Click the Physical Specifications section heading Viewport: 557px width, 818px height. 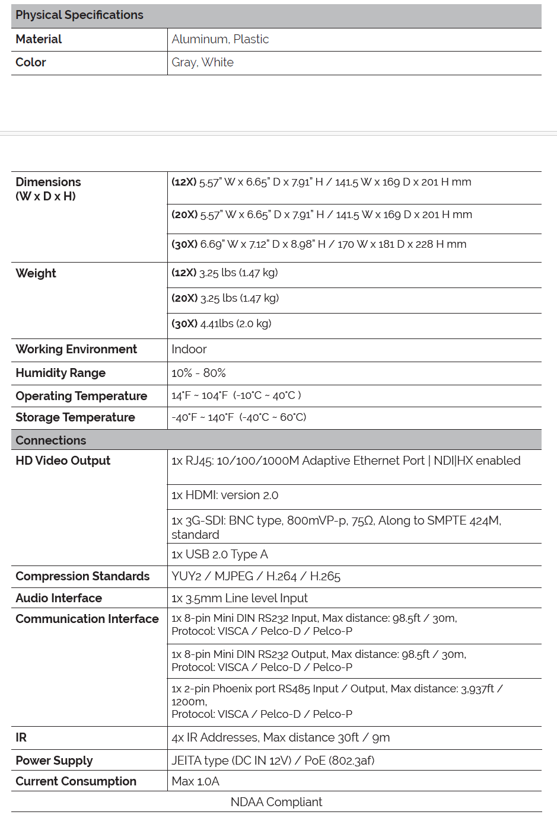79,15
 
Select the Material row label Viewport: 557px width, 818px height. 39,39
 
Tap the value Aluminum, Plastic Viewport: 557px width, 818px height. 220,39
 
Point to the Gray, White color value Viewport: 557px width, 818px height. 202,62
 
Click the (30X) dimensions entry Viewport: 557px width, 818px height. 319,244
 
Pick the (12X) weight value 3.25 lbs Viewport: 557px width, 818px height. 225,273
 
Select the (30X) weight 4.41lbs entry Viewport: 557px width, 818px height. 221,324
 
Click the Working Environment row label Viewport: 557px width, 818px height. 76,349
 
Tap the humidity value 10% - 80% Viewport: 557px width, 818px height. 199,373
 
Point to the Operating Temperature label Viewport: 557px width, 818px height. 81,396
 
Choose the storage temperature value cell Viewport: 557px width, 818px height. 239,417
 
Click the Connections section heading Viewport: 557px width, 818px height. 51,440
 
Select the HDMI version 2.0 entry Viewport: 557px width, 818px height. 225,495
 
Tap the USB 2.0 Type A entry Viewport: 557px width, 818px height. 219,554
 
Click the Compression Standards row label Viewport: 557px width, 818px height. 82,576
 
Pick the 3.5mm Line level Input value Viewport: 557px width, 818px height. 240,598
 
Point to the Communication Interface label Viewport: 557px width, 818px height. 87,619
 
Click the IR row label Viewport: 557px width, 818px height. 21,737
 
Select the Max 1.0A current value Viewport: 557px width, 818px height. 195,781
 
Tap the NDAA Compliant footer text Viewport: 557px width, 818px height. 276,802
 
